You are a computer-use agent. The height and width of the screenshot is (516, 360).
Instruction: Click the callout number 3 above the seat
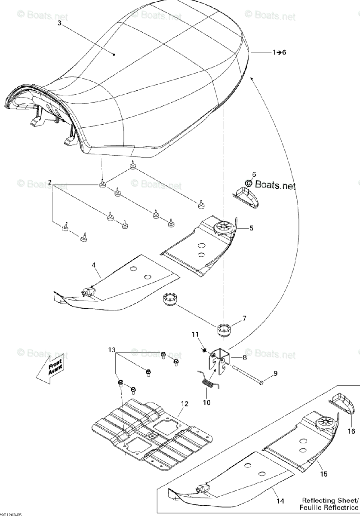[59, 22]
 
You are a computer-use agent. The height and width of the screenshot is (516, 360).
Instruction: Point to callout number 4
[93, 265]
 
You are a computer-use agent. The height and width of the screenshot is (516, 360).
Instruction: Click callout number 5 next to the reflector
[251, 228]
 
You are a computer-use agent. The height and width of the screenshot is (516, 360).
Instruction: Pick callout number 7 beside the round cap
[244, 319]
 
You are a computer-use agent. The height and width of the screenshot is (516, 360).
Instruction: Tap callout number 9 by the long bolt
[275, 373]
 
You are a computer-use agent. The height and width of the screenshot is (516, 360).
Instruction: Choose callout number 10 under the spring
[206, 403]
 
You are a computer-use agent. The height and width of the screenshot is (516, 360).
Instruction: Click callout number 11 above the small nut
[194, 334]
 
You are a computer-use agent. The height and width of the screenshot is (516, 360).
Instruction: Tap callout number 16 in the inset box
[351, 431]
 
